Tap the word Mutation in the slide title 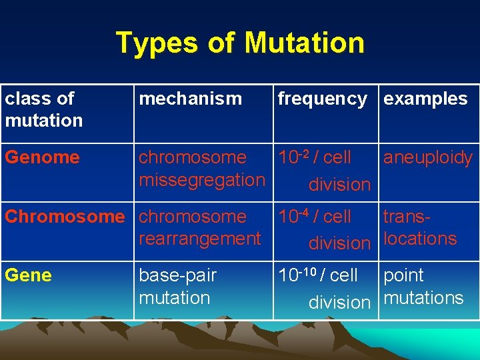(x=305, y=43)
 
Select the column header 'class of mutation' (x=44, y=109)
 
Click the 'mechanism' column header (x=190, y=99)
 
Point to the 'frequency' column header (x=322, y=99)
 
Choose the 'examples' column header (x=425, y=99)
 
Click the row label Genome (x=42, y=157)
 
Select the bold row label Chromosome (x=65, y=217)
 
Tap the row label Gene (x=27, y=275)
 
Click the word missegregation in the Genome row (x=202, y=180)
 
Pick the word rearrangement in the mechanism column (x=199, y=239)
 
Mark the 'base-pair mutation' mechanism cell (x=177, y=286)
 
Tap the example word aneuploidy (x=427, y=158)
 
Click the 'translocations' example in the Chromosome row (x=419, y=228)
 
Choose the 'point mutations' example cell (x=423, y=286)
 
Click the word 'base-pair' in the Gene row (x=177, y=275)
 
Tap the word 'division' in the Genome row (x=339, y=184)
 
